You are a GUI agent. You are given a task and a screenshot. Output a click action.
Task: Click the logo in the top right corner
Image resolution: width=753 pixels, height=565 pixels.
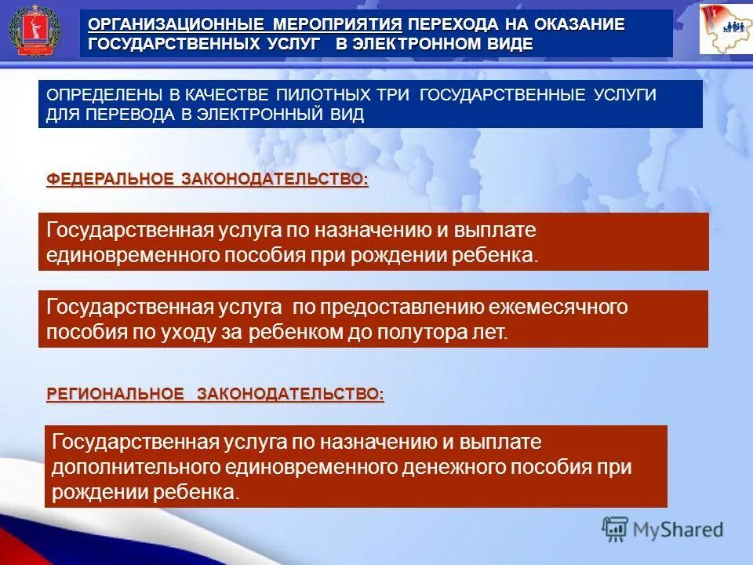tap(724, 29)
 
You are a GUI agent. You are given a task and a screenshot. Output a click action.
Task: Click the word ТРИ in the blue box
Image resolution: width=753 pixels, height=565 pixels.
tap(395, 95)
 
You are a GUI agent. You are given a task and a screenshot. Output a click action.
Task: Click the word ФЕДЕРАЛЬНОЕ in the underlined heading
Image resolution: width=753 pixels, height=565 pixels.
tap(110, 180)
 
